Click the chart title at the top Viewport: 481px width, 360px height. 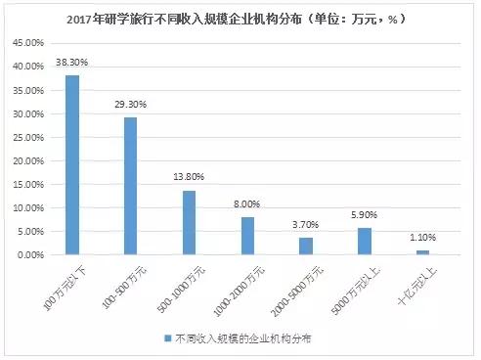pos(240,19)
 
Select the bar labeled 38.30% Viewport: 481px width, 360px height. pos(72,164)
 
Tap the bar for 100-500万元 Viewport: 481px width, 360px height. pos(131,186)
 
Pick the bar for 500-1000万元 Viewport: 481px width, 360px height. pos(190,222)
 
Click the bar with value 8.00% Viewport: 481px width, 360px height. pos(247,236)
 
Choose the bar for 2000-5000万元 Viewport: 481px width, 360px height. pos(306,246)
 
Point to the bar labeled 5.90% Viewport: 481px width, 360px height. pos(365,241)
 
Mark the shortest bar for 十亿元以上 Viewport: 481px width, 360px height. pos(422,252)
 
